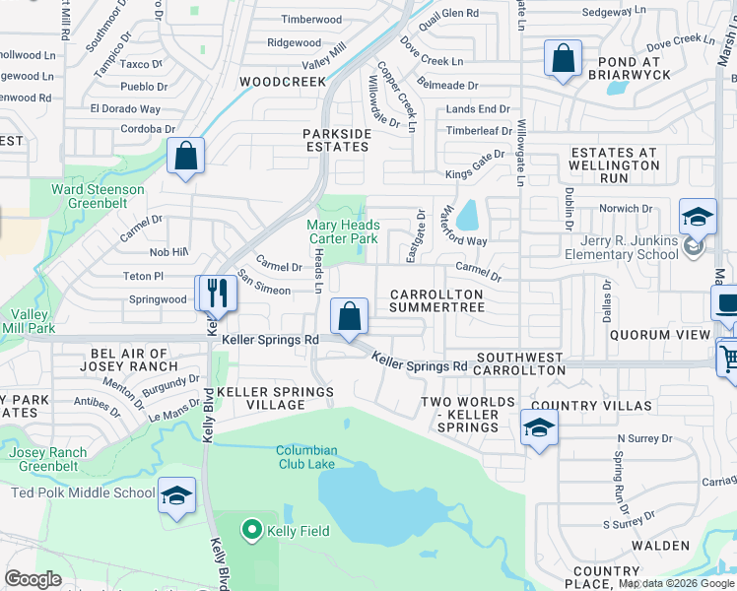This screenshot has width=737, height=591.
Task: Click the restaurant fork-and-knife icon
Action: pyautogui.click(x=216, y=293)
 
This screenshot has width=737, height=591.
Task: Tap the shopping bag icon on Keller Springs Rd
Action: pyautogui.click(x=349, y=316)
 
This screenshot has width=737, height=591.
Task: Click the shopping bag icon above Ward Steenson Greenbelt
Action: pyautogui.click(x=185, y=156)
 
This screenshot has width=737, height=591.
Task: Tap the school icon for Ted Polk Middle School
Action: pyautogui.click(x=176, y=495)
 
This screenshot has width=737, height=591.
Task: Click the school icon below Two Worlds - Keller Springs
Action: pyautogui.click(x=538, y=427)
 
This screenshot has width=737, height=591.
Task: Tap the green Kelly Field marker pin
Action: pyautogui.click(x=251, y=531)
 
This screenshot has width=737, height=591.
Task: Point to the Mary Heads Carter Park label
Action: pyautogui.click(x=343, y=231)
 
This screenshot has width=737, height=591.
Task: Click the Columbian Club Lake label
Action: pyautogui.click(x=306, y=458)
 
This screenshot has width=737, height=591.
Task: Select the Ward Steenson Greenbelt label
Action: pyautogui.click(x=98, y=196)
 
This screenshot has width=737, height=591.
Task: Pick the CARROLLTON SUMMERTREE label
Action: pyautogui.click(x=436, y=301)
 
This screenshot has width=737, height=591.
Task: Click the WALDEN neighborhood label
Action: pyautogui.click(x=660, y=545)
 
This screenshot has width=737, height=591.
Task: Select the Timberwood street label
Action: pyautogui.click(x=311, y=20)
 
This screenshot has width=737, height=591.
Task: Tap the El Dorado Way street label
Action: pyautogui.click(x=125, y=109)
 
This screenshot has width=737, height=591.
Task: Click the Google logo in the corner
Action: pyautogui.click(x=33, y=579)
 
